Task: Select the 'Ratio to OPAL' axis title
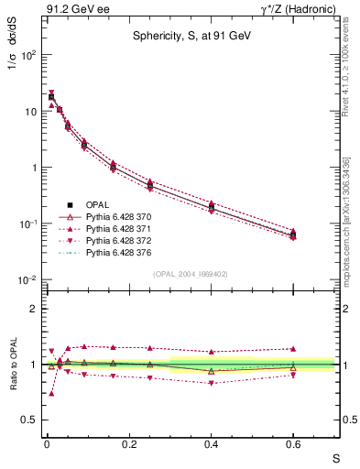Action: (x=12, y=365)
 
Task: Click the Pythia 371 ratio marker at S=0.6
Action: (x=293, y=349)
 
